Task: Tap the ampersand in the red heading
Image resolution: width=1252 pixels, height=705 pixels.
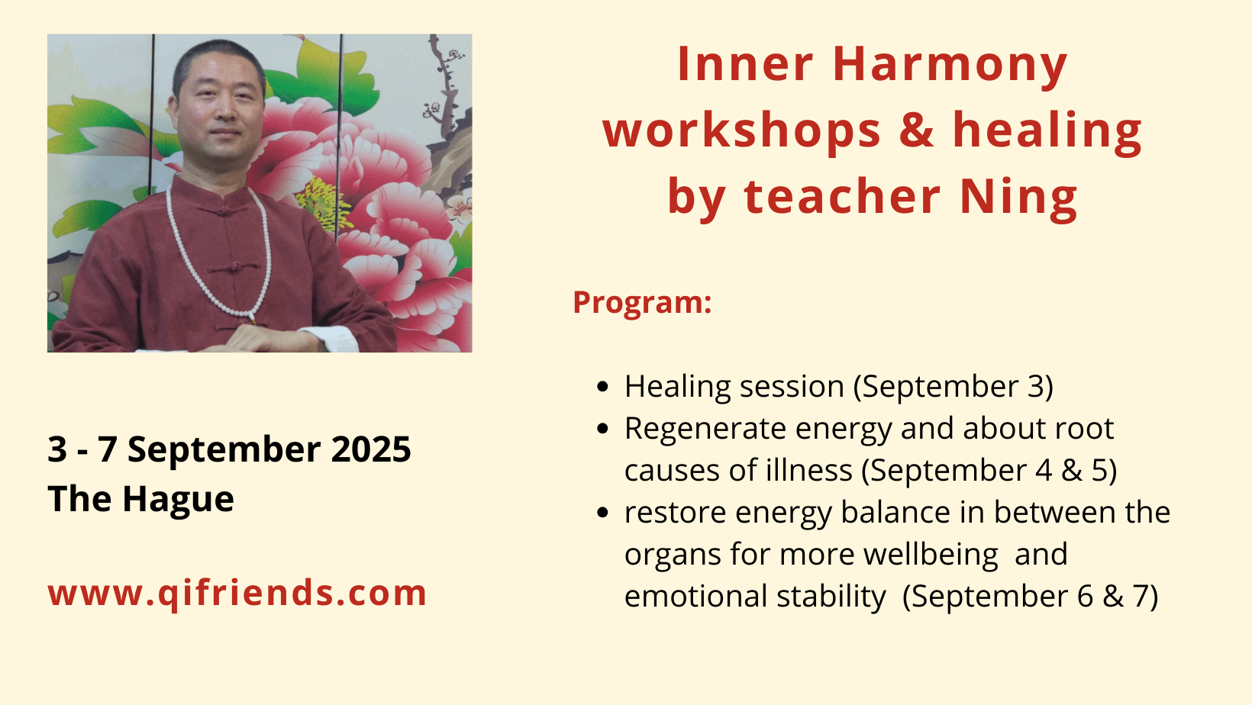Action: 917,130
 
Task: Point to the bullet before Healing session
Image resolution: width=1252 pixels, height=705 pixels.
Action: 602,387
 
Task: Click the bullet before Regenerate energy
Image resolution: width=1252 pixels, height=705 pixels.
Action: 602,429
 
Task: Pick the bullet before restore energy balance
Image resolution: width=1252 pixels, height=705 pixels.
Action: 602,512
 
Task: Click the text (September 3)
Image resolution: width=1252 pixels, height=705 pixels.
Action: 954,387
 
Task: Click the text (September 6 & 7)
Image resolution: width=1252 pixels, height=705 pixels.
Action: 1030,596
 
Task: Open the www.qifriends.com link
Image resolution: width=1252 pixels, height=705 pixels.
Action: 237,593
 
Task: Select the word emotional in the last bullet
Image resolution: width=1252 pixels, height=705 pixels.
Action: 696,596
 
